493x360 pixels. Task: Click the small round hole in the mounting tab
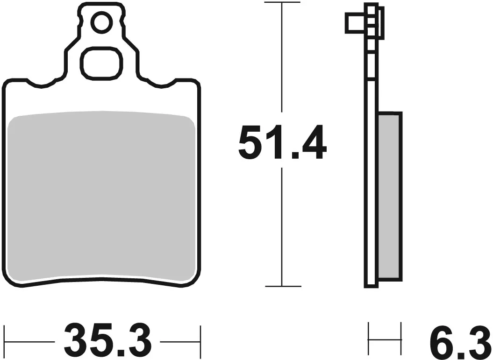point(101,22)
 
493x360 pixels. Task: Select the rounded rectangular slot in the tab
point(101,63)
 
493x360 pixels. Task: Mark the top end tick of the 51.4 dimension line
point(282,3)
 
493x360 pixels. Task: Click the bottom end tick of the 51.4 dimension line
point(282,286)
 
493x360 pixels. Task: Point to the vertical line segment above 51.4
point(282,61)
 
